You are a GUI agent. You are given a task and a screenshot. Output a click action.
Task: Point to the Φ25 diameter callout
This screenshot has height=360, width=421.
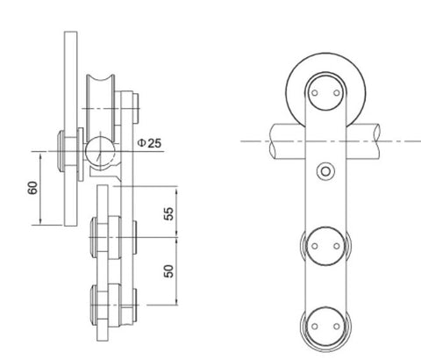(x=150, y=143)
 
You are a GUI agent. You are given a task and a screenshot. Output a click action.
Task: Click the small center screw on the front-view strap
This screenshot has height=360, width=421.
(x=327, y=169)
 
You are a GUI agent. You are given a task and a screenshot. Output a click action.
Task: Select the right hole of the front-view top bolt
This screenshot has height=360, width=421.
(x=338, y=90)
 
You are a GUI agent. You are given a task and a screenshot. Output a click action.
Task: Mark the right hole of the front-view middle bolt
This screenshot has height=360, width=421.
(x=338, y=246)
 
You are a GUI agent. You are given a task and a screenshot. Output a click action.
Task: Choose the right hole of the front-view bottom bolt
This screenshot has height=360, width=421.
(x=338, y=328)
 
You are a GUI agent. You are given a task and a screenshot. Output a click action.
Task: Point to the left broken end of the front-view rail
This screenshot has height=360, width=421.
(x=272, y=140)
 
